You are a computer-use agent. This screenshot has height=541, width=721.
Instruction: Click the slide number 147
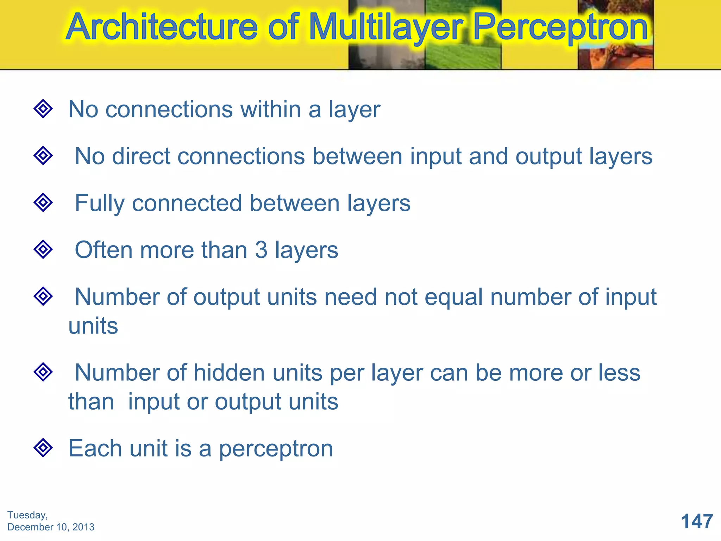(x=697, y=521)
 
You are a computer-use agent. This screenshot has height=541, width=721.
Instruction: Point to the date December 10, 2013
(x=51, y=527)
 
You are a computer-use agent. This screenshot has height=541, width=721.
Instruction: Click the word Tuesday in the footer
(x=27, y=515)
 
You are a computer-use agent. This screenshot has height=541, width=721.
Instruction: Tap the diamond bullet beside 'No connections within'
(x=43, y=108)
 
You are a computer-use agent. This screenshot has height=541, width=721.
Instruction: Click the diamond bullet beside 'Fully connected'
(x=43, y=203)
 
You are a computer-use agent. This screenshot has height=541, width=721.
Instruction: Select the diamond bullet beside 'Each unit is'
(x=43, y=448)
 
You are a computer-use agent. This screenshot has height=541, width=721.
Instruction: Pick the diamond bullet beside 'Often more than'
(x=43, y=249)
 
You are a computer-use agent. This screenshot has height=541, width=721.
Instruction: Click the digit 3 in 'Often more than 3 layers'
(x=261, y=250)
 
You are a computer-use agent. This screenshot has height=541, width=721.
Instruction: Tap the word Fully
(x=100, y=204)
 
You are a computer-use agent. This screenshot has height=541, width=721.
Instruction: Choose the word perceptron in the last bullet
(x=276, y=449)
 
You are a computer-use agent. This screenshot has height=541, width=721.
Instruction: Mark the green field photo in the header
(x=463, y=35)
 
